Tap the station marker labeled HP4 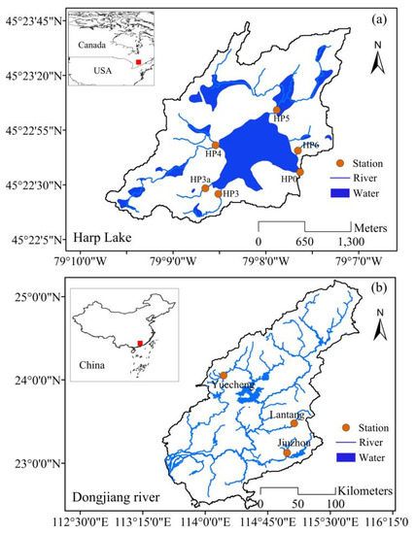click(215, 145)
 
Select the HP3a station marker click(206, 188)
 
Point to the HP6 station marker click(297, 150)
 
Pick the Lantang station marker click(294, 423)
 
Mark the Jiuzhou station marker click(287, 452)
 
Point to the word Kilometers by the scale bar click(360, 491)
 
